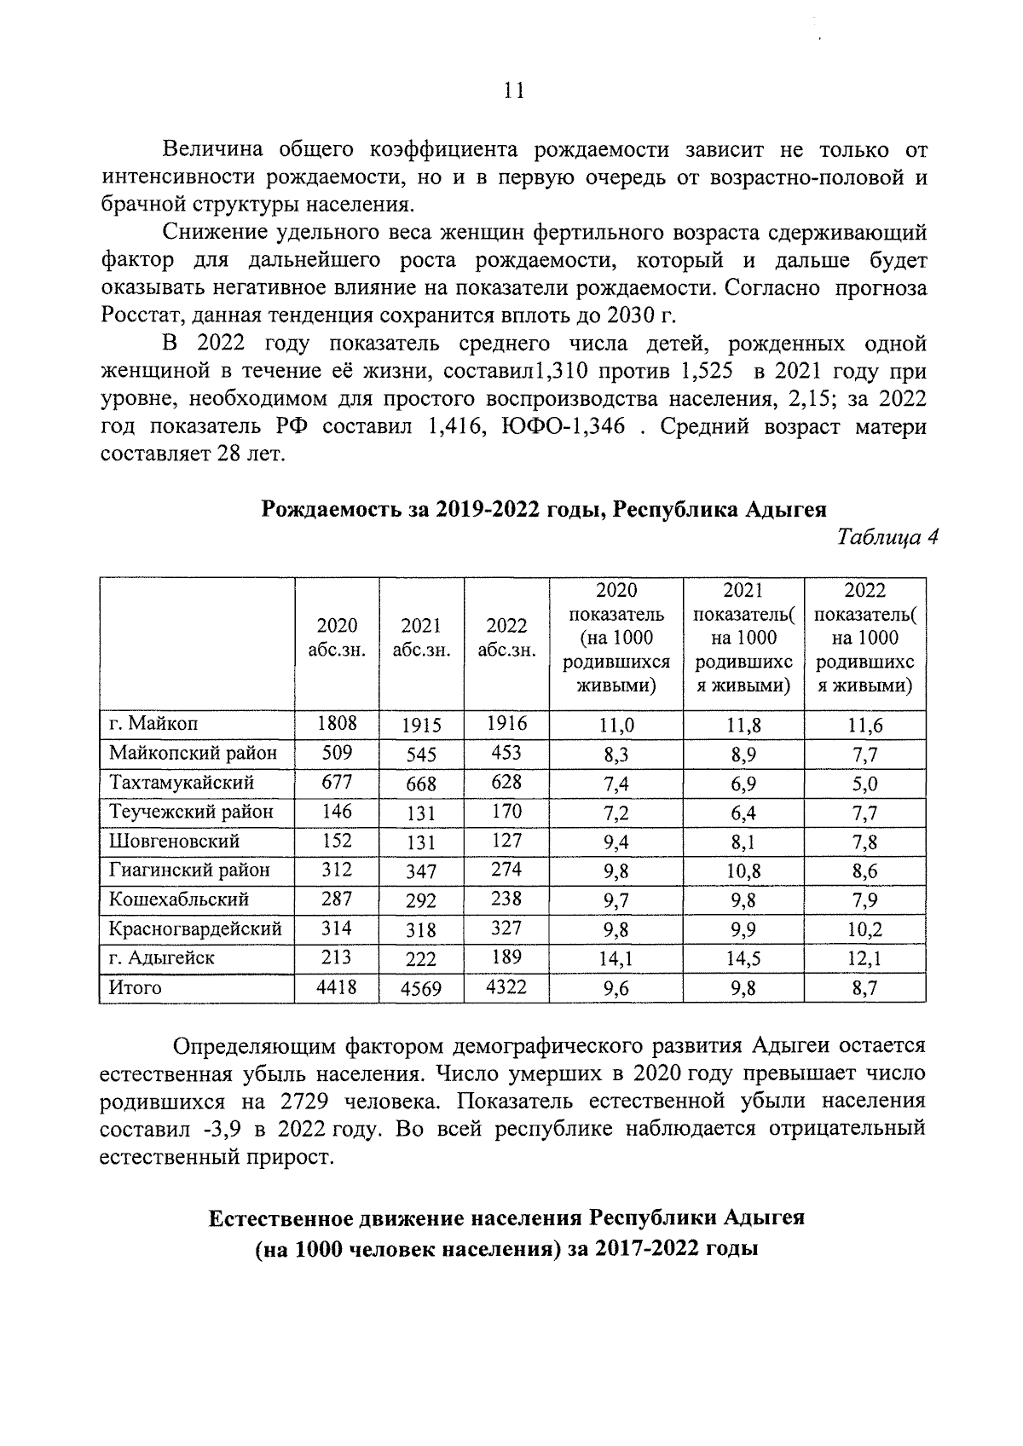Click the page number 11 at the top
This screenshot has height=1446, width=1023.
pos(513,91)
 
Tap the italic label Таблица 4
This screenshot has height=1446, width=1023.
pos(887,537)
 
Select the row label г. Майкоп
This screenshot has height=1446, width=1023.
pos(153,725)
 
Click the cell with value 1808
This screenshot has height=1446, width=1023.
pos(337,725)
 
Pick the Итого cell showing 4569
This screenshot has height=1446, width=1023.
pos(421,989)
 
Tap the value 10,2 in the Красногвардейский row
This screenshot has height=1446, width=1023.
pos(864,930)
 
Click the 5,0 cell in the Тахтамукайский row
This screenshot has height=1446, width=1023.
pos(864,784)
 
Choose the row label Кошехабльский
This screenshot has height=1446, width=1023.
pos(179,899)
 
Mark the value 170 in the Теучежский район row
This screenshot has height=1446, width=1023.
pos(506,811)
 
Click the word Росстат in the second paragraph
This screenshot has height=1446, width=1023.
pos(141,316)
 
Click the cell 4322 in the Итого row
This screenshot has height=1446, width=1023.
pos(506,987)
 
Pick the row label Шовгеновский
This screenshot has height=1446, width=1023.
pos(175,842)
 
